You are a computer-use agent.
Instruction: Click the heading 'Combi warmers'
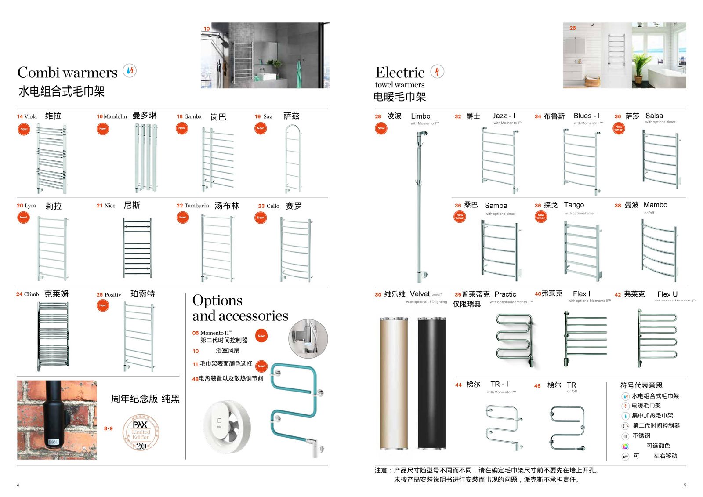tap(67, 73)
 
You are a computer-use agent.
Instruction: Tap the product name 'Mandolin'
tap(115, 116)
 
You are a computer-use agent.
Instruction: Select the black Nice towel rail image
tap(137, 247)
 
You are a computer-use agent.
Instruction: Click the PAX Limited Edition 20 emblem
tap(141, 434)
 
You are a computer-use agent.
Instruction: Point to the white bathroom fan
tap(227, 426)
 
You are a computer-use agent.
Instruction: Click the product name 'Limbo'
tap(420, 116)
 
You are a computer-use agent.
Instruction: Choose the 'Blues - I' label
tap(587, 116)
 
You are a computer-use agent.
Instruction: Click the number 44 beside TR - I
tap(458, 385)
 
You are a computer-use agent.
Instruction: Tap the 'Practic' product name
tap(505, 294)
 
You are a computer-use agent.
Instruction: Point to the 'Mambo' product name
tap(655, 205)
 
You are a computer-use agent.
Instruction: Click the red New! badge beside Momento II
tap(261, 336)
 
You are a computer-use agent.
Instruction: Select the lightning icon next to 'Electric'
tap(437, 72)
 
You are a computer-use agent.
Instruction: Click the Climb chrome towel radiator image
tap(53, 336)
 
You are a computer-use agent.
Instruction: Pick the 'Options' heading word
tap(217, 301)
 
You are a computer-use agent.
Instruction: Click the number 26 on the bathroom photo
tap(573, 28)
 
